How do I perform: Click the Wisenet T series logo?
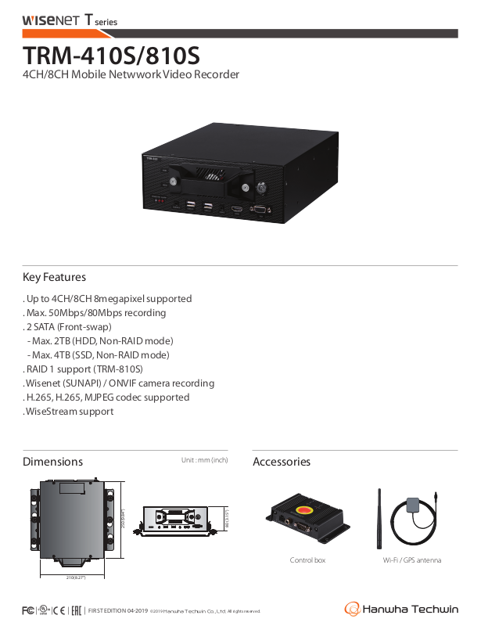(x=70, y=21)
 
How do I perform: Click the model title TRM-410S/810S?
(x=111, y=56)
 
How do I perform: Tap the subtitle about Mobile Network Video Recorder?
(x=131, y=75)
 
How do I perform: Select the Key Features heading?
(x=54, y=277)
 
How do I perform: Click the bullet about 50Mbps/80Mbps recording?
(x=95, y=313)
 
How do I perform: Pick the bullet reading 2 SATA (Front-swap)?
(x=68, y=327)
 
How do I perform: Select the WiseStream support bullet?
(x=69, y=412)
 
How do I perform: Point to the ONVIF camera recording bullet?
(x=119, y=383)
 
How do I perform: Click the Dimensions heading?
(x=52, y=462)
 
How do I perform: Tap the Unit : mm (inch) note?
(x=204, y=460)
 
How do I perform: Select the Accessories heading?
(x=282, y=462)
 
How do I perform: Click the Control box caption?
(x=307, y=560)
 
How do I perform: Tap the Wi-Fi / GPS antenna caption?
(x=412, y=560)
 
